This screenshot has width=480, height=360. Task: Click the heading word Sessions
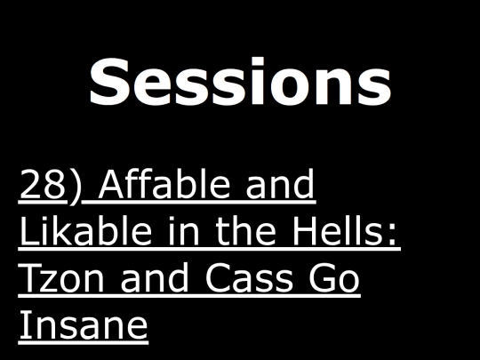[240, 81]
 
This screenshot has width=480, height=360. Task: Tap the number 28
[43, 184]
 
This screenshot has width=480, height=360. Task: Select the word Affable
[164, 183]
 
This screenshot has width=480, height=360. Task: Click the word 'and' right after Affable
[280, 183]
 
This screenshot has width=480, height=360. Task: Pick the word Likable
[85, 230]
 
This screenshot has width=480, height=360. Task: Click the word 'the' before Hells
[246, 230]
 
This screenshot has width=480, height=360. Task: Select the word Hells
[339, 230]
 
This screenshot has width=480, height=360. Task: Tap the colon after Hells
[393, 234]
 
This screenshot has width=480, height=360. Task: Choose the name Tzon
[61, 277]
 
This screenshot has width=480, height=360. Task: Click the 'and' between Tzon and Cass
[155, 276]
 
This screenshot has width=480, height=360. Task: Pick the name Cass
[248, 277]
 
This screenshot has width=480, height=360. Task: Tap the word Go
[334, 277]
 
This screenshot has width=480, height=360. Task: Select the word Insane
[84, 324]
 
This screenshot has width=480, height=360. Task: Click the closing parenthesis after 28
[75, 187]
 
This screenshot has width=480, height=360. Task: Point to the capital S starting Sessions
[107, 82]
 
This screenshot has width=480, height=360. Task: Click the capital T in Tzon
[31, 277]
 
